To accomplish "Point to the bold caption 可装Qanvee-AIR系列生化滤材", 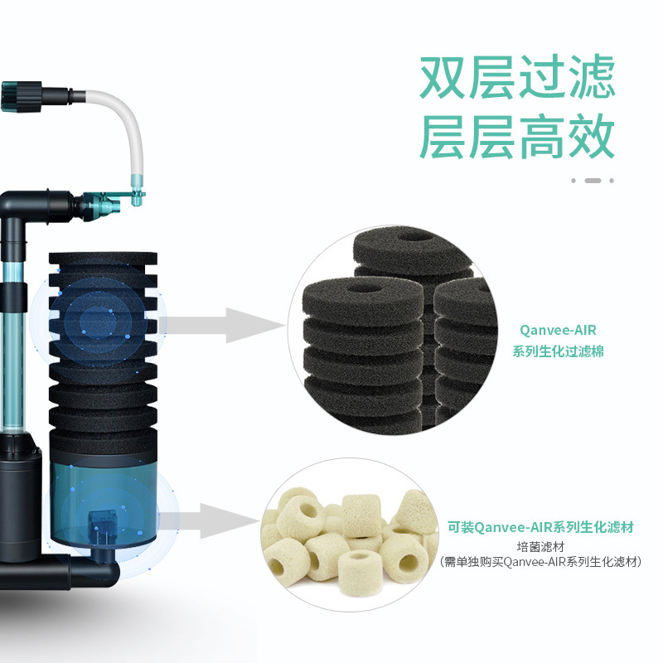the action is point(546,526).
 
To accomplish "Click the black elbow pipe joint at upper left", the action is point(33,207).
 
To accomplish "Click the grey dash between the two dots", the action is point(593,180).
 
